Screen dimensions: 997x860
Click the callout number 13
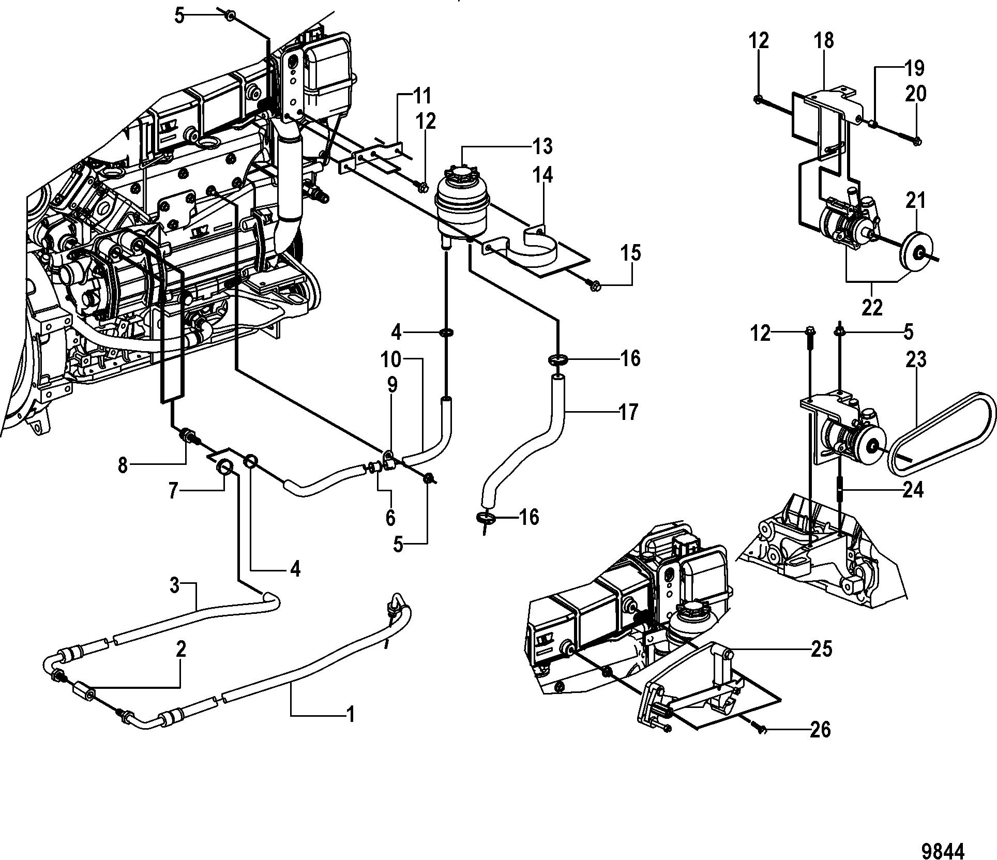(x=542, y=146)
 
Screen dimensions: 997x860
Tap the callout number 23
(x=916, y=359)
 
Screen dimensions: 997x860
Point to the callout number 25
(x=821, y=649)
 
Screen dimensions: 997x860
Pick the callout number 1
(x=350, y=715)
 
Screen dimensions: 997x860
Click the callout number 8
(x=123, y=465)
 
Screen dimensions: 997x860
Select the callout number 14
(x=542, y=175)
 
